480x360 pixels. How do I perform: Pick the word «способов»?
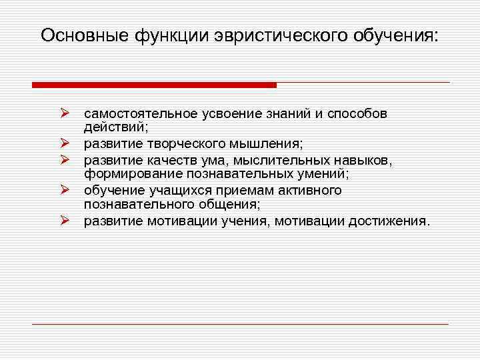356,113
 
